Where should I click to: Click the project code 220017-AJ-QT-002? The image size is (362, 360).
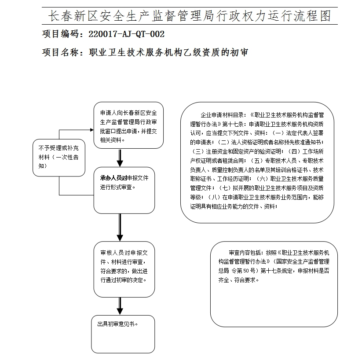127,34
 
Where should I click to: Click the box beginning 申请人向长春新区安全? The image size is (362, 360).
128,125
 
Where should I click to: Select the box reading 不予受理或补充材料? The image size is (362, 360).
59,158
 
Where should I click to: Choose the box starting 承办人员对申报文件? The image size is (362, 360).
124,190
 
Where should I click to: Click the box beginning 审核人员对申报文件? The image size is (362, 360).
124,268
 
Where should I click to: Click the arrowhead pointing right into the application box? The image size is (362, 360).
91,130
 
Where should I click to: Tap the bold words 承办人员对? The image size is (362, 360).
113,178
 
